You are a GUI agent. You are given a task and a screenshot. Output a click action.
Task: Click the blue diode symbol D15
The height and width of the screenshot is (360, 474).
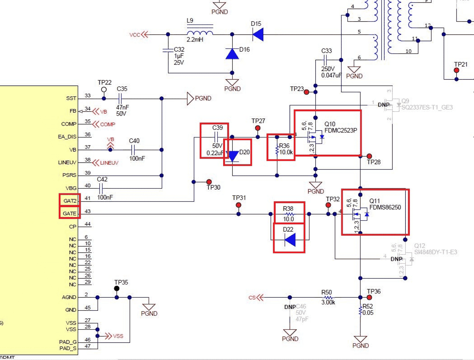258,35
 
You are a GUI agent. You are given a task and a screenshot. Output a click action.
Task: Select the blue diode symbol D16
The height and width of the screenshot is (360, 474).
232,54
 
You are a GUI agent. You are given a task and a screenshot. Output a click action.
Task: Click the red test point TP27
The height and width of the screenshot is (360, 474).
258,128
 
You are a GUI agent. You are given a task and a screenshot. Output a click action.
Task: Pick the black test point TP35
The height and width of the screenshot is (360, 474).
117,289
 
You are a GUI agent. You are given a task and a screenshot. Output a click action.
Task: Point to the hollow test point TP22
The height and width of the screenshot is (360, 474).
104,89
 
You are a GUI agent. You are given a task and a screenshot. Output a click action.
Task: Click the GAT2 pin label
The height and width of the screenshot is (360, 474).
70,201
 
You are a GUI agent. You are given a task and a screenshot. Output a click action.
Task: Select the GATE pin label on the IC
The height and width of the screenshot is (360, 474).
69,213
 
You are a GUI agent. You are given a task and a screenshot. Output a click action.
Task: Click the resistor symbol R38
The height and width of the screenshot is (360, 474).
289,214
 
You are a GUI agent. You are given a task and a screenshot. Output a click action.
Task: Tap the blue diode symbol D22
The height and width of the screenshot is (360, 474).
290,240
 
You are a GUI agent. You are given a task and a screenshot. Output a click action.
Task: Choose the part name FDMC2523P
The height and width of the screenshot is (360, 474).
341,130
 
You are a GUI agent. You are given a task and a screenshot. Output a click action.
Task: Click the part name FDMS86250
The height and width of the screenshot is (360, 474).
385,207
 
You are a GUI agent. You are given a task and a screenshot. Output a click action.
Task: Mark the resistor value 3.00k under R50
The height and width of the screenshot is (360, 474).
328,302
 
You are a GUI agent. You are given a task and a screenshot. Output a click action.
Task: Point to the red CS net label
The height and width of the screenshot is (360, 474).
252,298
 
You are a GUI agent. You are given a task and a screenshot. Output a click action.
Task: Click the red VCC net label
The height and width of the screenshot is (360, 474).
135,35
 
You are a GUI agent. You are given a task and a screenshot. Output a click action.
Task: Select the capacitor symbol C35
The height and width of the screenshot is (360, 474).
120,98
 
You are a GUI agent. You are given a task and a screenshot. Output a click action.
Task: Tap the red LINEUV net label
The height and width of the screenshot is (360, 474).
109,163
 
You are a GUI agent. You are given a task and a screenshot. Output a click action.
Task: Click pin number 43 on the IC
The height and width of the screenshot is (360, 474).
88,211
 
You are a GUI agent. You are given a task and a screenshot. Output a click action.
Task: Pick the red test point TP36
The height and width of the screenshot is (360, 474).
369,297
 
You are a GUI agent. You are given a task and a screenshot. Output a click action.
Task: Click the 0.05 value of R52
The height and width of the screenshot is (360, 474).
368,313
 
